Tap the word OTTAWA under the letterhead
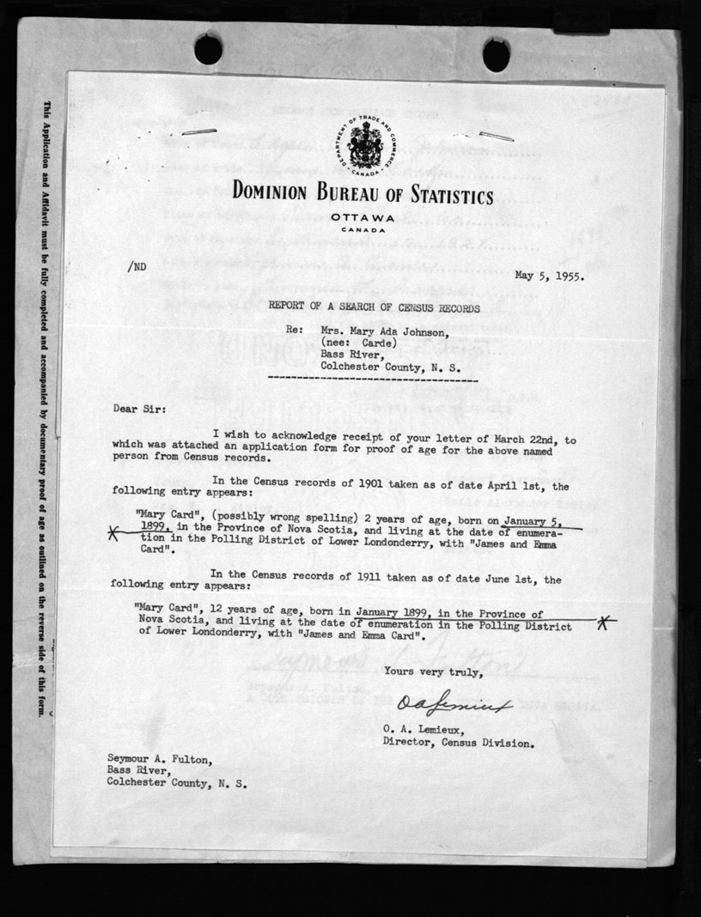pos(361,218)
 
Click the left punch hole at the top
pos(208,50)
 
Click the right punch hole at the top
pos(496,54)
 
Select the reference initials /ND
pos(137,266)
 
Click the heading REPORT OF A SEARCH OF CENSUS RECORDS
pos(373,307)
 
